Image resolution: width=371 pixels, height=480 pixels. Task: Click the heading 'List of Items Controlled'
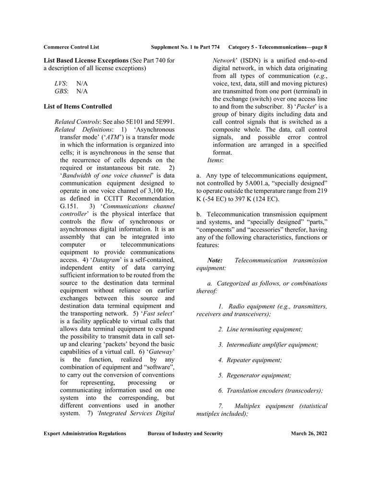[78, 106]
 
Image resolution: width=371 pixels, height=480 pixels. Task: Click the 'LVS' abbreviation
[60, 83]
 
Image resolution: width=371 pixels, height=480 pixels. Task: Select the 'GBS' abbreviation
[61, 91]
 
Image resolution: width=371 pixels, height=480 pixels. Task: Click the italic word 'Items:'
[215, 160]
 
